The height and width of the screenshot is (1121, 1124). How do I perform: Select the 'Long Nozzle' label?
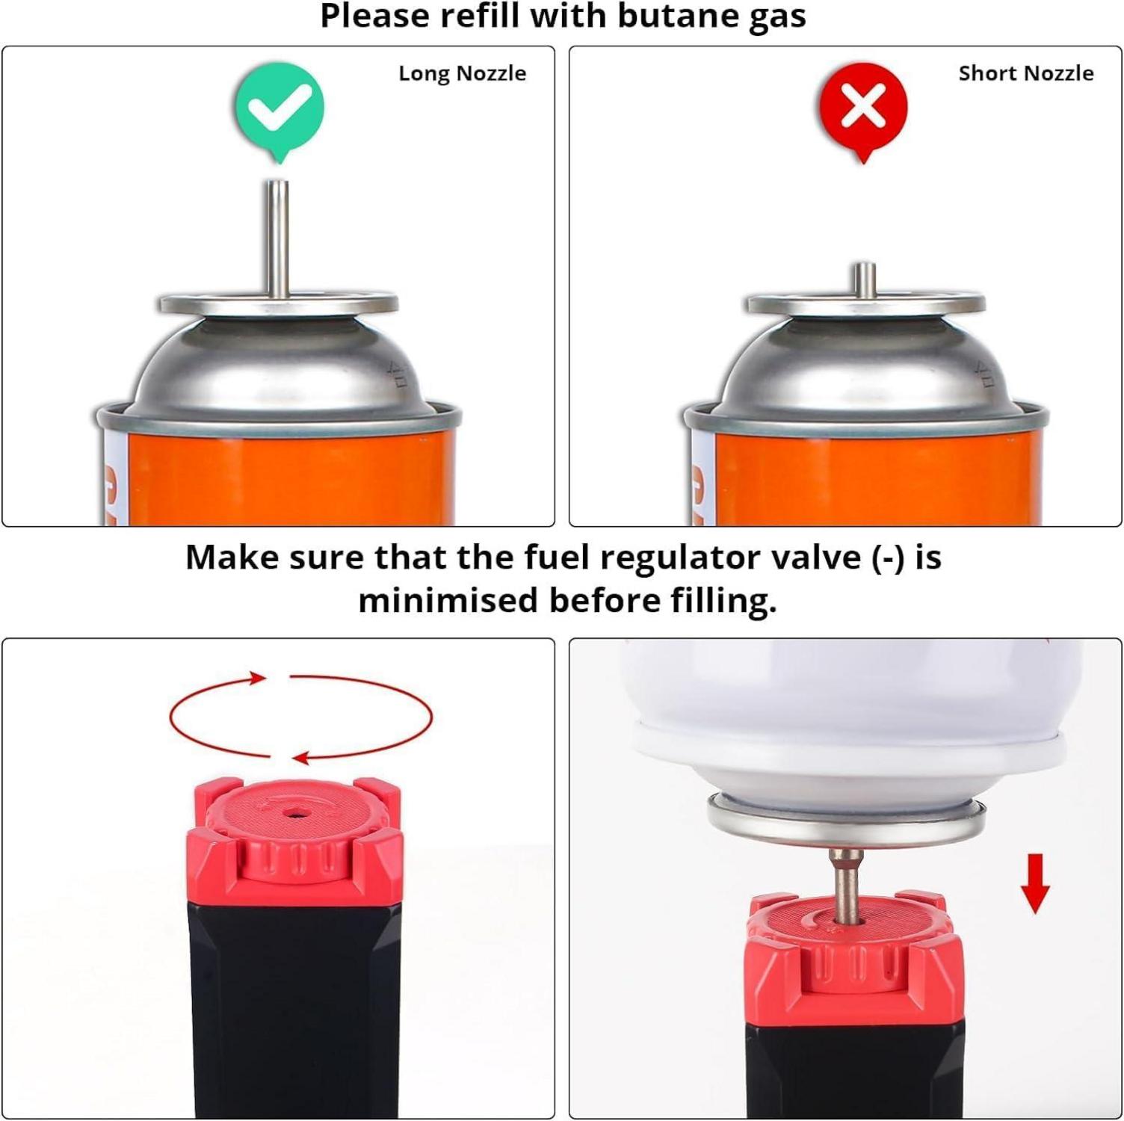point(462,73)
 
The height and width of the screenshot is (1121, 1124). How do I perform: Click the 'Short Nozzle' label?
point(1025,73)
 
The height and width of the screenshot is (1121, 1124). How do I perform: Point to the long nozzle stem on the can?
point(279,239)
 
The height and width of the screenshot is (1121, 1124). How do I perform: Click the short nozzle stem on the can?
point(865,280)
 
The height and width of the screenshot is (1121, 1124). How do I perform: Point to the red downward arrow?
point(1035,884)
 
